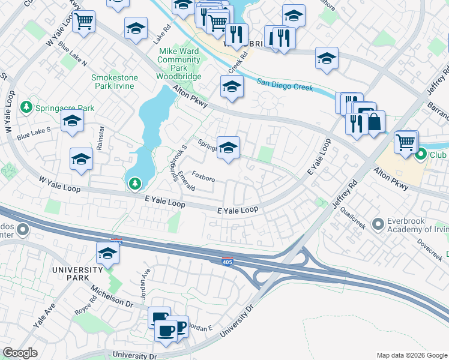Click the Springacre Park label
tap(64, 108)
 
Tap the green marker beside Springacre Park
tap(26, 108)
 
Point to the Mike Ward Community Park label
tap(179, 64)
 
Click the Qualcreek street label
tap(353, 219)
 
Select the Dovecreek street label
tap(430, 249)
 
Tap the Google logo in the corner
tap(20, 353)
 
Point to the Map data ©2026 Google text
tap(411, 355)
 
